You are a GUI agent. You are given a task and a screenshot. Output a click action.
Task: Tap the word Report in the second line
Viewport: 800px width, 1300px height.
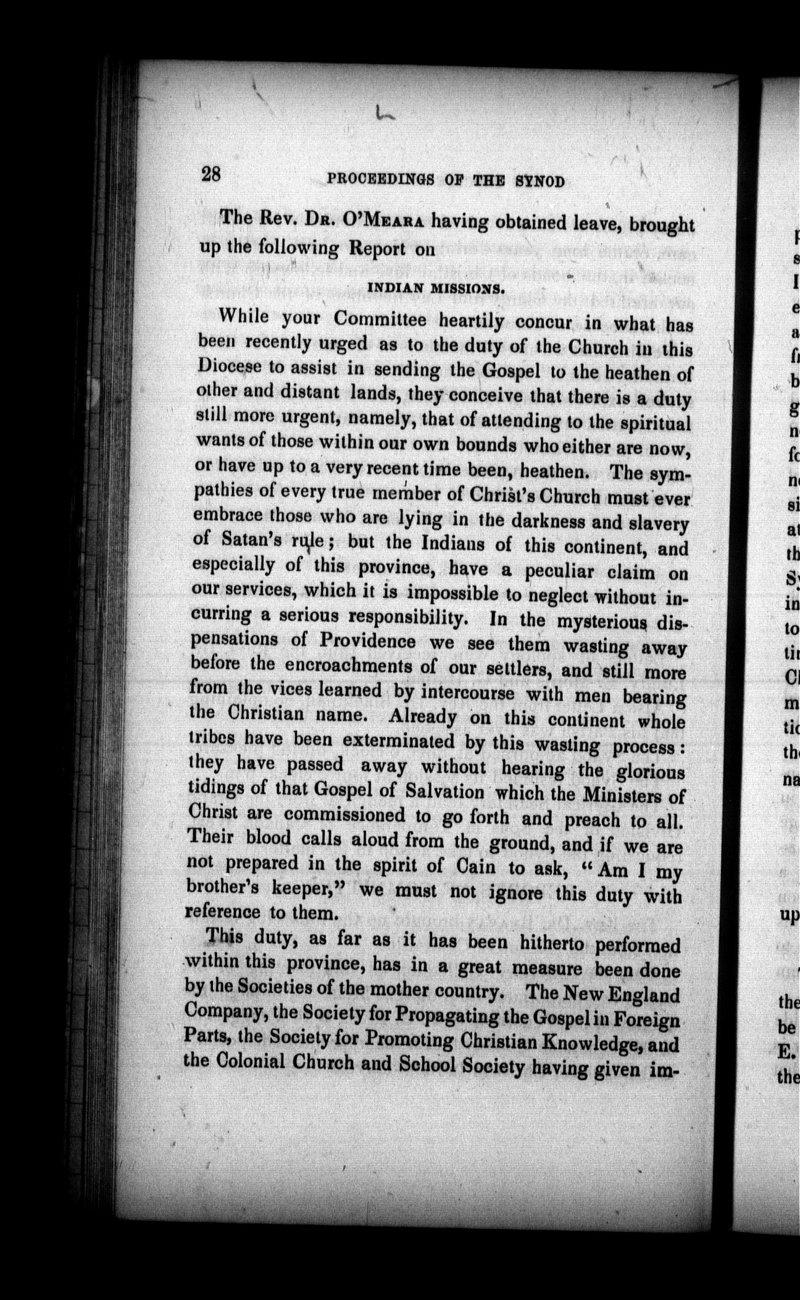click(378, 248)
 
